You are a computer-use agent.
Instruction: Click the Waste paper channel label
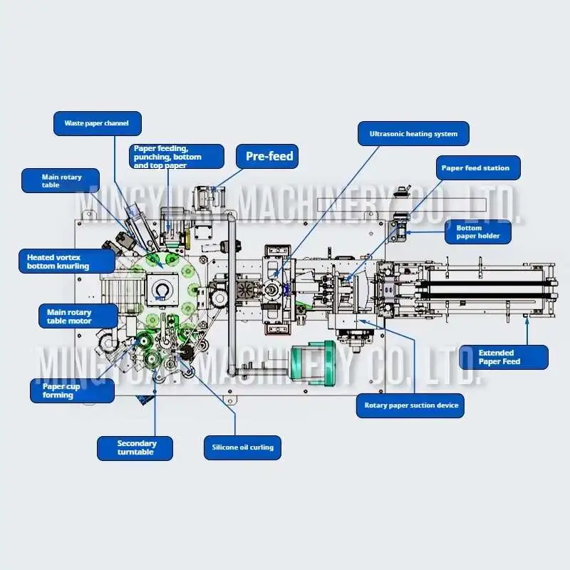[97, 123]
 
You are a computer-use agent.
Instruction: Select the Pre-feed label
[269, 156]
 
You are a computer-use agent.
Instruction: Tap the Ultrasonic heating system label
[413, 133]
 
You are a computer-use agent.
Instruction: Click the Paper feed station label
[475, 168]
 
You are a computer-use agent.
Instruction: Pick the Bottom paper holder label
[478, 231]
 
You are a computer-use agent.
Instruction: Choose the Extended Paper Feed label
[503, 357]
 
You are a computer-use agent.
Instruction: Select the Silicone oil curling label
[242, 447]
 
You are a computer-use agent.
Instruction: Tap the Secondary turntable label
[136, 447]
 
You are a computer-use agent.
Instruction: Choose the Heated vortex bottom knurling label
[68, 261]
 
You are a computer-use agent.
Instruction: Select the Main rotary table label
[61, 181]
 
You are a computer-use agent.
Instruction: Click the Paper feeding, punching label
[177, 157]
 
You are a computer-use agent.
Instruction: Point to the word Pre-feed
[269, 156]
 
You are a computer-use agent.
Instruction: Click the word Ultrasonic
[389, 133]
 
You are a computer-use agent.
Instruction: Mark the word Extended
[496, 353]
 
